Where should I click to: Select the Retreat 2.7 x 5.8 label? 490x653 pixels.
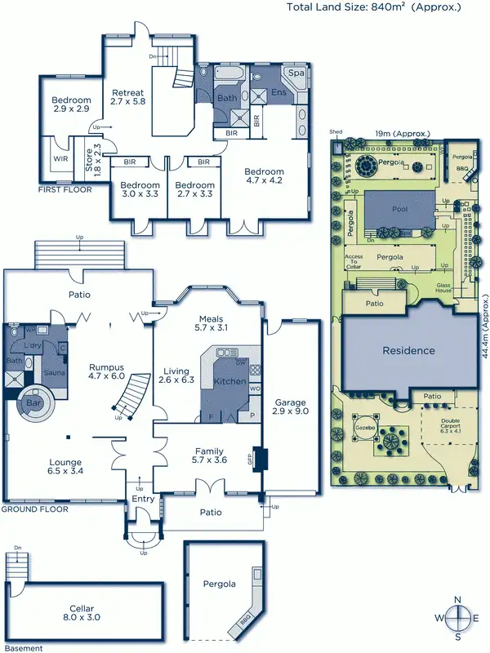tap(127, 97)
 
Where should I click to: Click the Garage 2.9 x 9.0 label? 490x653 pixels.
tap(292, 406)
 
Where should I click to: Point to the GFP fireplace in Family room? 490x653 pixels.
tap(261, 459)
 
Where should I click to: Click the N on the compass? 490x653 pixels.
tap(460, 599)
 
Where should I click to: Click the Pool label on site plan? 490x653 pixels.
tap(399, 210)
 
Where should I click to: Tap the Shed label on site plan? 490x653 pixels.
tap(336, 131)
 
